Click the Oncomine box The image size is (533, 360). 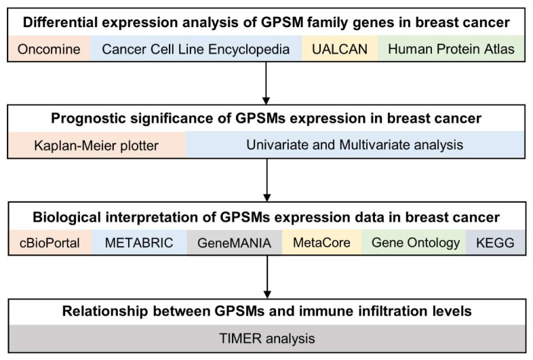50,49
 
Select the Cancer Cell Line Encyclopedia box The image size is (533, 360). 196,49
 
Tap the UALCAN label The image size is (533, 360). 340,49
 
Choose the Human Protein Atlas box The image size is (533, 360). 451,49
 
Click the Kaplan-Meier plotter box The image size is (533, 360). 97,145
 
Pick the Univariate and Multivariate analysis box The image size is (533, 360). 355,145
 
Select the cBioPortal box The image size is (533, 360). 50,243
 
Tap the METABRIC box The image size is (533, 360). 140,243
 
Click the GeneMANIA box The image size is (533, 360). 235,243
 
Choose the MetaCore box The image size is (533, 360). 321,243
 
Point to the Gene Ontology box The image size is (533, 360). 414,243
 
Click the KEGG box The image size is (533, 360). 495,243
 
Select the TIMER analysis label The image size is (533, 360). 267,338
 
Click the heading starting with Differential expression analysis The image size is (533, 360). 266,22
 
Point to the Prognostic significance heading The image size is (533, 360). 266,118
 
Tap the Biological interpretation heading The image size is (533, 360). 266,217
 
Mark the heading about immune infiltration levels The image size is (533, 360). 267,311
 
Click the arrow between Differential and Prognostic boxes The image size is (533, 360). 266,83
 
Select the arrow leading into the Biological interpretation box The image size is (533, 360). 267,180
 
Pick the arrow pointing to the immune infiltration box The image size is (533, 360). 267,277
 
